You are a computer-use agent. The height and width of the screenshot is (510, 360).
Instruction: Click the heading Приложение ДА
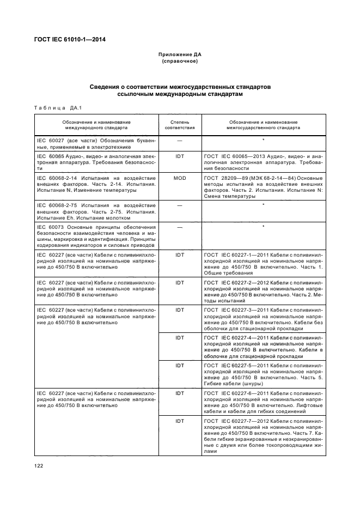tap(180, 55)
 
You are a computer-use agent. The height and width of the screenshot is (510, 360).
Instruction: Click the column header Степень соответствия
tap(179, 125)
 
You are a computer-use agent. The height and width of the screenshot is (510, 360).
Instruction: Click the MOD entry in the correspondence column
tap(179, 178)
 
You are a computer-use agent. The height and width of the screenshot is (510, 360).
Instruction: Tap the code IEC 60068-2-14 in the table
tap(59, 178)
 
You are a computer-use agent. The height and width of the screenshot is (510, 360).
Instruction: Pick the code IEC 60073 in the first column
tap(51, 227)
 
